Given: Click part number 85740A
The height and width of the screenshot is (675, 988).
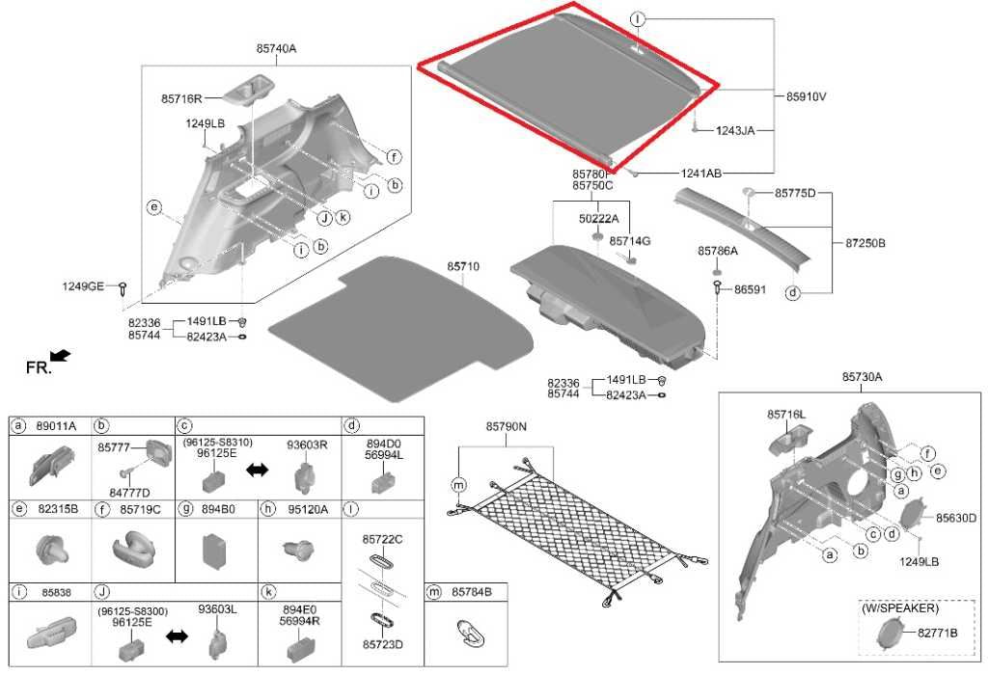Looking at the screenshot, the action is (275, 48).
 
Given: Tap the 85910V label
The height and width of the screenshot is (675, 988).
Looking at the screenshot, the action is (806, 97).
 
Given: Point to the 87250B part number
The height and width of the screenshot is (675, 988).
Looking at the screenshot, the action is (865, 243).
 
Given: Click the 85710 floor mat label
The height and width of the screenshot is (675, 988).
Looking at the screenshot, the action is (463, 267).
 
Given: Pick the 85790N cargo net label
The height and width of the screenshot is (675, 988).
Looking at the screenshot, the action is (506, 427).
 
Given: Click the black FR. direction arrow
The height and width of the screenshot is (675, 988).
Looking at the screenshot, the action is (61, 357).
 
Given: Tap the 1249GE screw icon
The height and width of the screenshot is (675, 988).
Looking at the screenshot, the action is (123, 289).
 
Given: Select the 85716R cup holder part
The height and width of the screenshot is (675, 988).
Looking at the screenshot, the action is (249, 88).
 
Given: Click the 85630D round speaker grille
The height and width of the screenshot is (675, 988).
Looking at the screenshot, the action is (915, 514).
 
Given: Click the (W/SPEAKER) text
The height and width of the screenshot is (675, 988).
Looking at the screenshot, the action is (900, 608).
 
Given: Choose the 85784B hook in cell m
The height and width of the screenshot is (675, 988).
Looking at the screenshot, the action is (471, 633).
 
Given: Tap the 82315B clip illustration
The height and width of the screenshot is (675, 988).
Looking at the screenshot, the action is (53, 549).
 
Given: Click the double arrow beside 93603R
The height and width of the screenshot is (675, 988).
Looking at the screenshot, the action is (257, 470).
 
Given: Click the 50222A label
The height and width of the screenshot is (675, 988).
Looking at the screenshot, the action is (598, 219).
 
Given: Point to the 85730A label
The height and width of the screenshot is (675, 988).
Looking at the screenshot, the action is (862, 377).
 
